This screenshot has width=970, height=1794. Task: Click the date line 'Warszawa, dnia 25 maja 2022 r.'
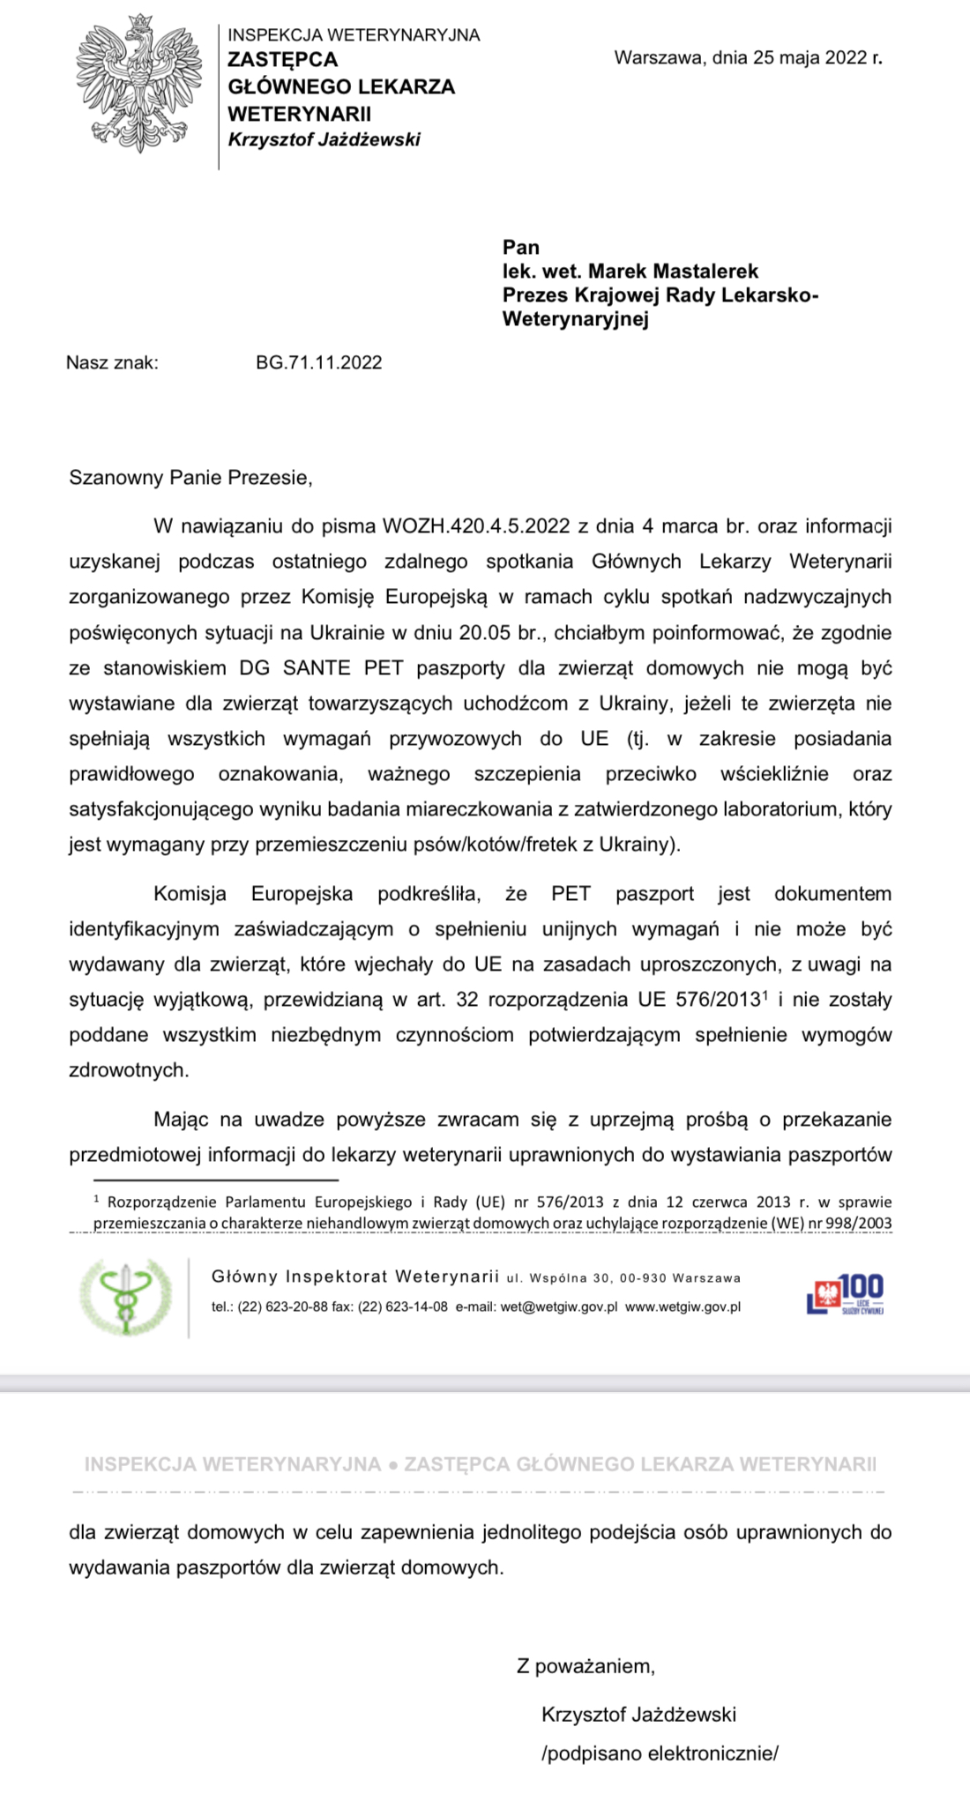coord(748,58)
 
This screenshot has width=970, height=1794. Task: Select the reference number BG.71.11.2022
coord(318,362)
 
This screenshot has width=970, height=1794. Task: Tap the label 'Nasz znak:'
coord(112,362)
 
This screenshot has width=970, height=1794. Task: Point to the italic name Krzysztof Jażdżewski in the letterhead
coord(324,139)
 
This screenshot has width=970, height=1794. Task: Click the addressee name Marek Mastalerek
coord(673,272)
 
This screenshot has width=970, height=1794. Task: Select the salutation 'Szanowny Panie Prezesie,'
coord(190,478)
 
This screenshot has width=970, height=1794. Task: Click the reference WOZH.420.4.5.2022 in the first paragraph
coord(476,526)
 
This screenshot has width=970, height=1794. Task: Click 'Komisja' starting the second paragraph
coord(190,894)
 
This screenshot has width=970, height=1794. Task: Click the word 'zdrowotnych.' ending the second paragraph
coord(129,1070)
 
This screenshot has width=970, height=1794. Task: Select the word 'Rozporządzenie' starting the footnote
coord(162,1202)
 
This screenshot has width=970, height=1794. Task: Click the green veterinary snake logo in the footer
coord(125,1297)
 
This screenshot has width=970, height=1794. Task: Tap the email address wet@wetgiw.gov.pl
coord(558,1306)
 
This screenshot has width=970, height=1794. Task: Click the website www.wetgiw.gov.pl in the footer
coord(683,1306)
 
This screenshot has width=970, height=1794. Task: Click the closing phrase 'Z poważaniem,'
coord(586,1666)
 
